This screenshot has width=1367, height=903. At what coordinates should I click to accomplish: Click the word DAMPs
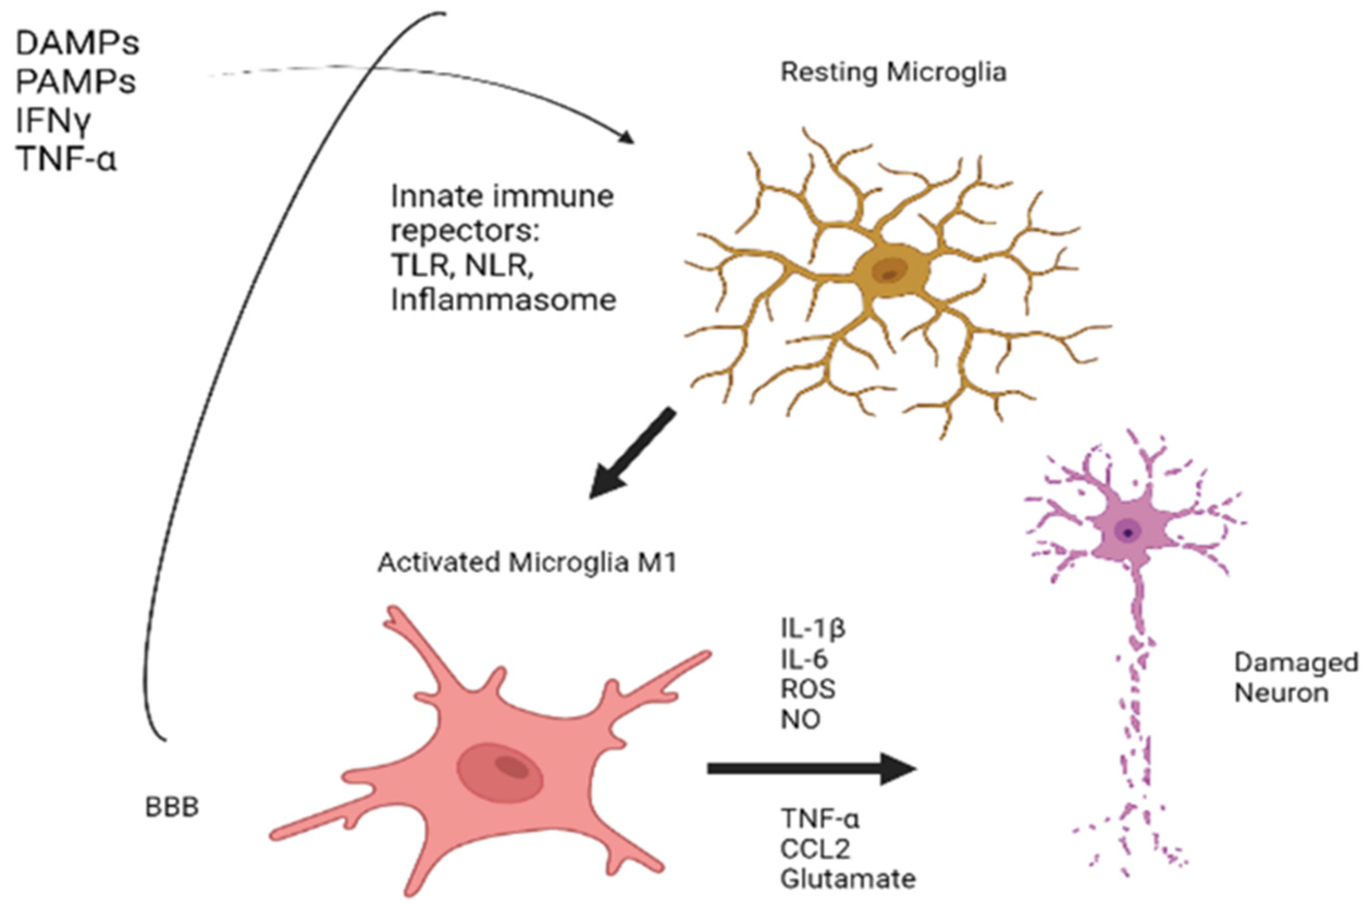pyautogui.click(x=77, y=43)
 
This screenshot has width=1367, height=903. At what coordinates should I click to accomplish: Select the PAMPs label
pyautogui.click(x=75, y=81)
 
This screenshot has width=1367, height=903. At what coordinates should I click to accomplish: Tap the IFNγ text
pyautogui.click(x=53, y=121)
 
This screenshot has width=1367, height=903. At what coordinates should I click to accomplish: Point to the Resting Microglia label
pyautogui.click(x=893, y=73)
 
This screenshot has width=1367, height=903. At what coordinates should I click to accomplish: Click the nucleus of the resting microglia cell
pyautogui.click(x=889, y=271)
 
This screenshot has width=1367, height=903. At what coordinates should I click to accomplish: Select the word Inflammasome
pyautogui.click(x=503, y=300)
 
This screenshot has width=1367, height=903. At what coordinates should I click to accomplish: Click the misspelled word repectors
pyautogui.click(x=464, y=231)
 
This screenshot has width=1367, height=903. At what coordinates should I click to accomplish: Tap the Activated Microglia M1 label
pyautogui.click(x=527, y=563)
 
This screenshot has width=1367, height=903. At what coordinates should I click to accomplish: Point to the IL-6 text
pyautogui.click(x=804, y=659)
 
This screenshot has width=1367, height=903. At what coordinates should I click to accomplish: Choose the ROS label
pyautogui.click(x=808, y=689)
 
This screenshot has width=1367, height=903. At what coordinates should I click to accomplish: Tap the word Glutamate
pyautogui.click(x=847, y=879)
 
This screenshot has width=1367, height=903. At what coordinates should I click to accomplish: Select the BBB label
pyautogui.click(x=172, y=808)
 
